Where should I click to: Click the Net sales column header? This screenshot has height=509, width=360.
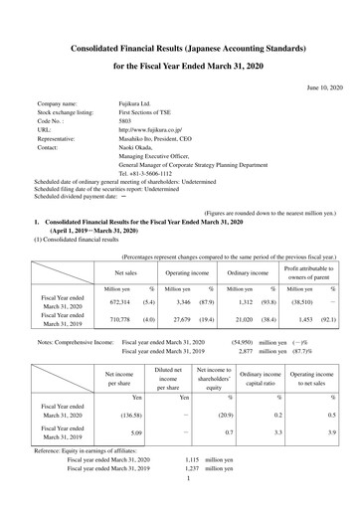(x=126, y=244)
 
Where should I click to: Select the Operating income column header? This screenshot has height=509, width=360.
(x=186, y=244)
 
